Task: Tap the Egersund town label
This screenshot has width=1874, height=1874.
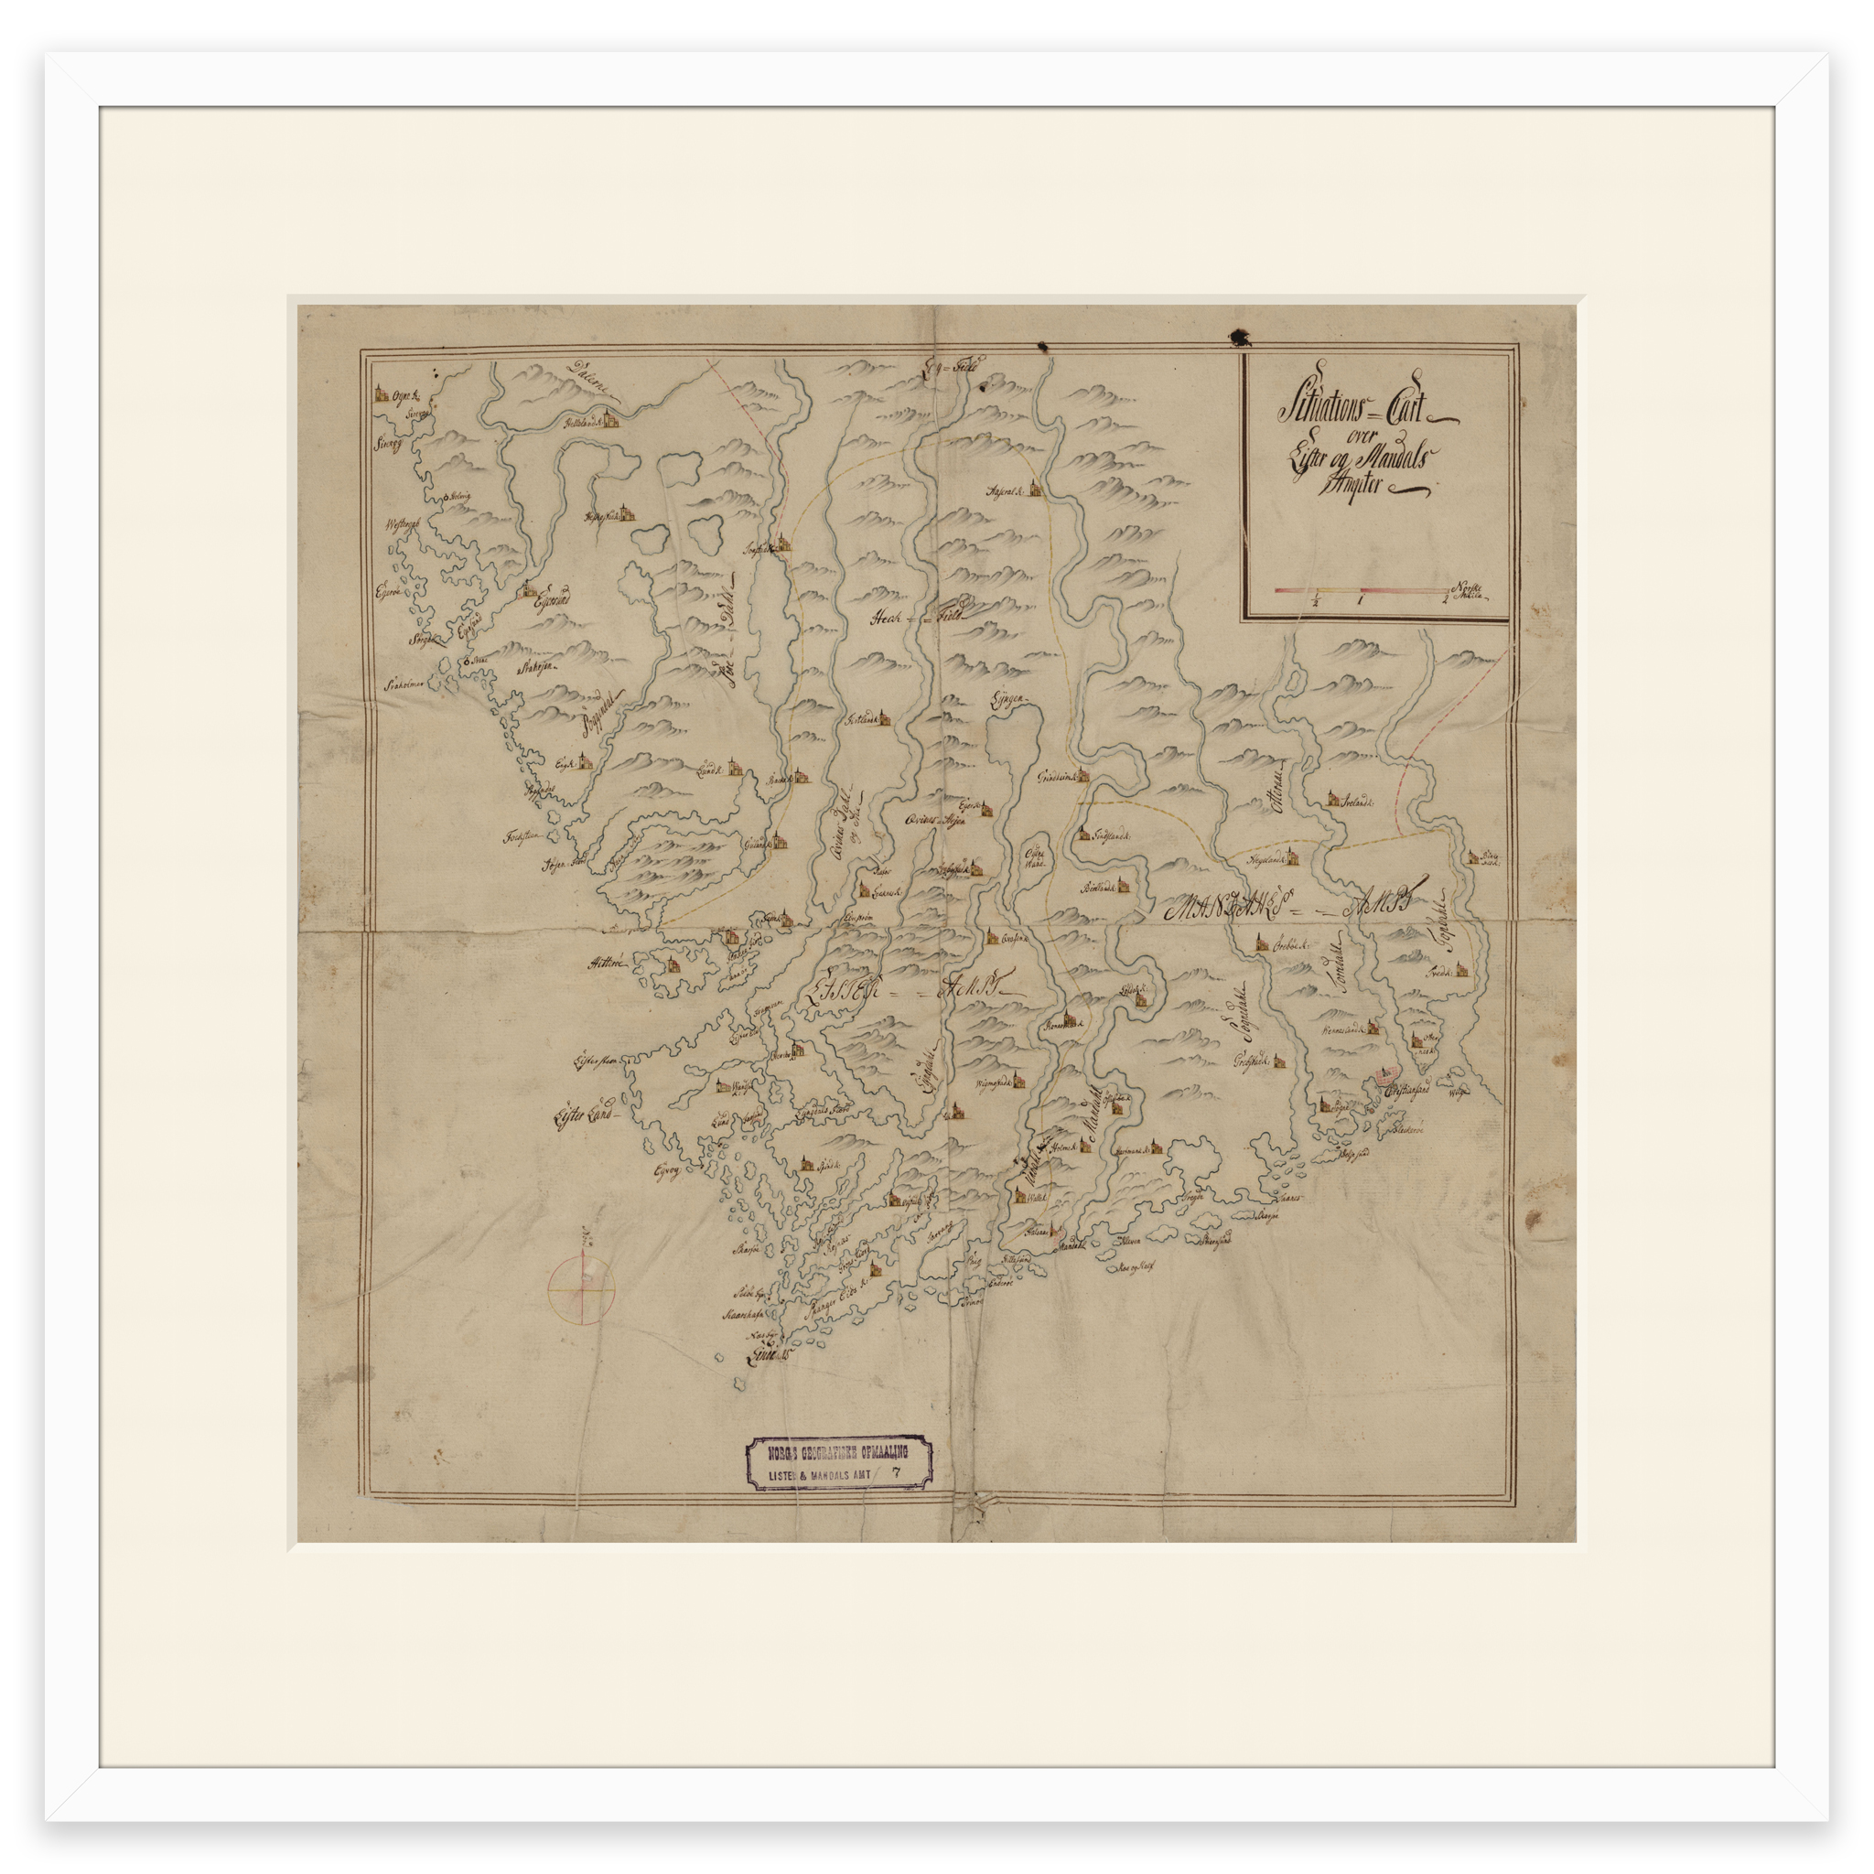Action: coord(546,601)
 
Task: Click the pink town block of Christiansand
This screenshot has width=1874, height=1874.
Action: coord(1384,1076)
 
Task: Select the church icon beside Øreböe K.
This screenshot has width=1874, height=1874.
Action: coord(1260,942)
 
